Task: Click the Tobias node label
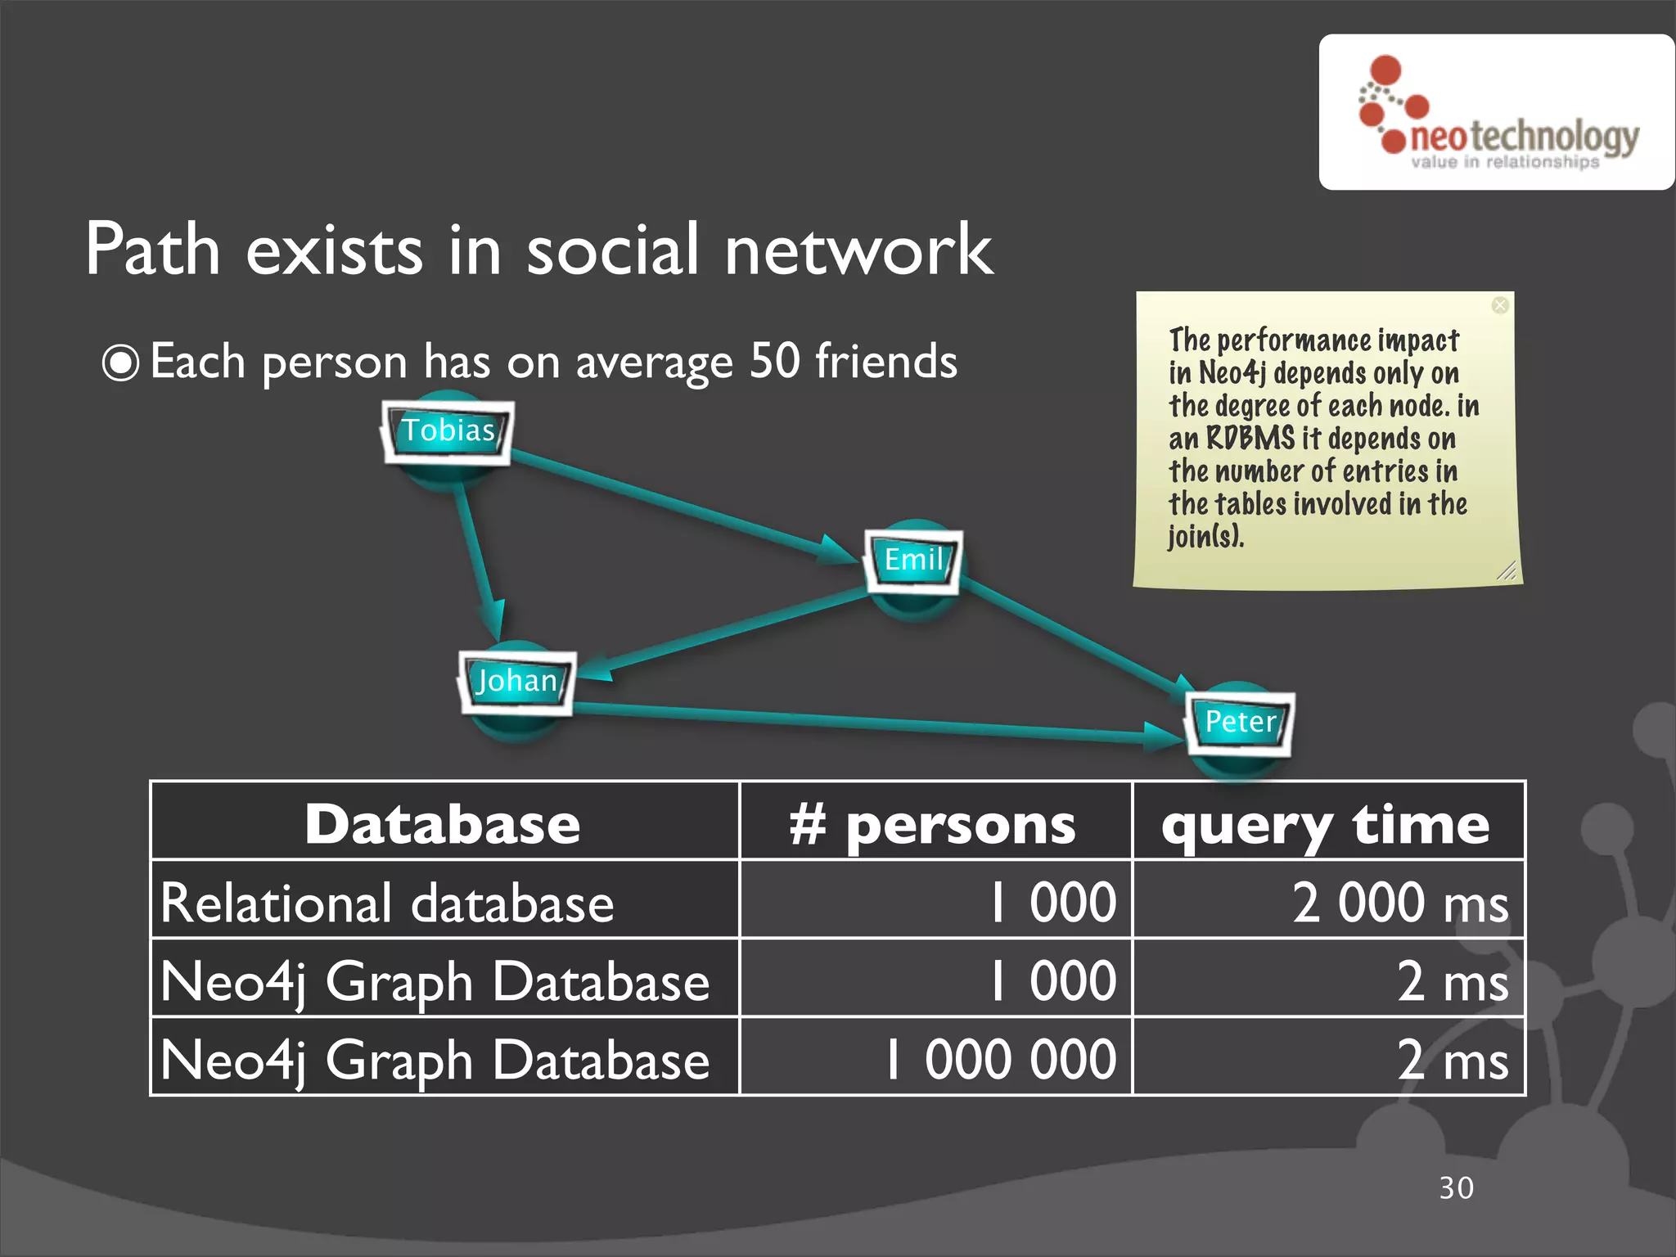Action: [448, 431]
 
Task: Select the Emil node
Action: [913, 561]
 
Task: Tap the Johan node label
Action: [516, 681]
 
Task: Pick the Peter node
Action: [1240, 722]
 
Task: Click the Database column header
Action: [443, 824]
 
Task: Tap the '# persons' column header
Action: [933, 824]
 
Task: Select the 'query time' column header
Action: [1326, 824]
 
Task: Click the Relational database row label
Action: [387, 903]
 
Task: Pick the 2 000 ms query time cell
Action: [1399, 903]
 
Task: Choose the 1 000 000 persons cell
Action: [1000, 1060]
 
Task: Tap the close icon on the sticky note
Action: [1500, 305]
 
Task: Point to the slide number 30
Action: [1457, 1188]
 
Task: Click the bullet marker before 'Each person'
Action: [121, 363]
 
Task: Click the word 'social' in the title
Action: [612, 250]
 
